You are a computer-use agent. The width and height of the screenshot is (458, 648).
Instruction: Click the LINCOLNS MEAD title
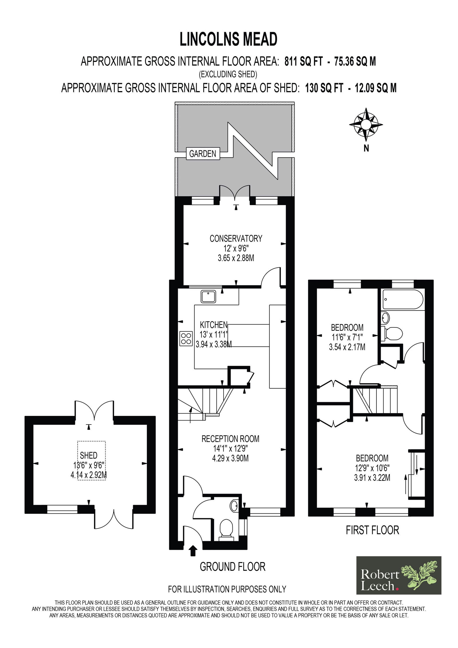[228, 39]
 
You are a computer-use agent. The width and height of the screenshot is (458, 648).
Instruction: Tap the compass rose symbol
[366, 125]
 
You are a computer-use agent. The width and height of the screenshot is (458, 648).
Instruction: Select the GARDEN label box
[203, 154]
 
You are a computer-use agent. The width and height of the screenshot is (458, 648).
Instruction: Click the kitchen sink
[208, 296]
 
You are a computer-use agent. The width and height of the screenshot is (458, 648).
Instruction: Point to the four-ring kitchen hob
[186, 338]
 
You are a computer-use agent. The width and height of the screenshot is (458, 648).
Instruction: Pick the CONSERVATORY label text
[236, 238]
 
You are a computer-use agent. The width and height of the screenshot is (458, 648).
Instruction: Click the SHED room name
[88, 455]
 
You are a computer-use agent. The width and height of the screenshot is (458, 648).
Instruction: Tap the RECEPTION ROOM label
[230, 439]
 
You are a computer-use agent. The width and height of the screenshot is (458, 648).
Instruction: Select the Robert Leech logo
[399, 575]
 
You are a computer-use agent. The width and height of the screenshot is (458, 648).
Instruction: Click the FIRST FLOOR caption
[372, 530]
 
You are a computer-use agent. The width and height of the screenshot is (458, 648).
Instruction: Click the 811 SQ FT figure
[304, 61]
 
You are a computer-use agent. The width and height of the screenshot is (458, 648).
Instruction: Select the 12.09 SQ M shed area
[376, 88]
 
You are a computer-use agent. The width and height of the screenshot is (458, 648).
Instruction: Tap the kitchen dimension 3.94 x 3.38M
[214, 344]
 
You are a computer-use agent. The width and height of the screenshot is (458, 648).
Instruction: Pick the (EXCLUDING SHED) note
[228, 74]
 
